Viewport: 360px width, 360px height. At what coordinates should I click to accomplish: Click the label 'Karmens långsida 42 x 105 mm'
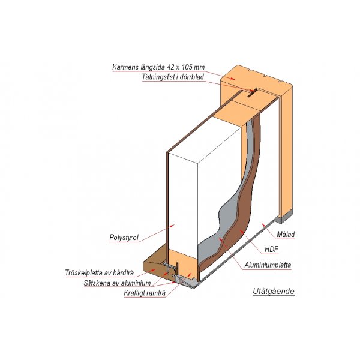tap(158, 67)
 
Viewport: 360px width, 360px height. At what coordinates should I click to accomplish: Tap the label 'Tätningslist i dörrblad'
tap(173, 77)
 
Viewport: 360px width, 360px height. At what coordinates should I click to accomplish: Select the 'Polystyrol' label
tap(124, 238)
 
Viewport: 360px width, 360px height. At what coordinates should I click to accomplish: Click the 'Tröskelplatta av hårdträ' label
tap(100, 273)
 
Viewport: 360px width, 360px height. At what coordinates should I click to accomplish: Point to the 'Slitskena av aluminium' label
tap(117, 283)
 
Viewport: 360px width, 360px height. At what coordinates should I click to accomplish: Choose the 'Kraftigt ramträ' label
tap(145, 293)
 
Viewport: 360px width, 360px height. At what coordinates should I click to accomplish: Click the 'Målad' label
tap(286, 235)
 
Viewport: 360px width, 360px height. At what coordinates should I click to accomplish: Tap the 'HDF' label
tap(271, 249)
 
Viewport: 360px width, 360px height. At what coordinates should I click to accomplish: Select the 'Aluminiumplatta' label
tap(268, 265)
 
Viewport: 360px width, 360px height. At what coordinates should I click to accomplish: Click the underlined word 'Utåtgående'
tap(274, 292)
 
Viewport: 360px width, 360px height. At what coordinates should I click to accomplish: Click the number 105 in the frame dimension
tap(187, 67)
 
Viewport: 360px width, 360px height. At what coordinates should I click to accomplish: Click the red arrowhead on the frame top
tap(233, 79)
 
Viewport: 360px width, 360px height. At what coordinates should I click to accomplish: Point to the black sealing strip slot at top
tap(253, 94)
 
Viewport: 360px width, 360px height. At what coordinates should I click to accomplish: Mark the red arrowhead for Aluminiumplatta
tap(221, 240)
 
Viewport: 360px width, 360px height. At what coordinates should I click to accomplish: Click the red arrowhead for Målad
tap(263, 224)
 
